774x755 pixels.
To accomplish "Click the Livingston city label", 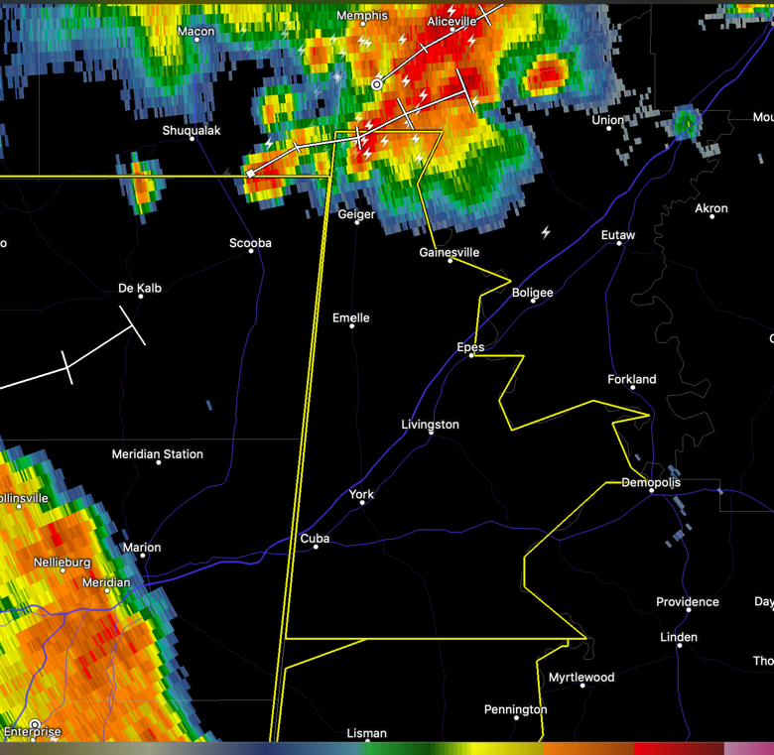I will pos(430,425).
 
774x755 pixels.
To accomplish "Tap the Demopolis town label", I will pos(651,483).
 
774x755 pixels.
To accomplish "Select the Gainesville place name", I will pos(450,253).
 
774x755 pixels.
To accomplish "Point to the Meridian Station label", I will pos(157,454).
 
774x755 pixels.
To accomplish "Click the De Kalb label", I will pos(140,289).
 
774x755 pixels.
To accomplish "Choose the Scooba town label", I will pos(250,243).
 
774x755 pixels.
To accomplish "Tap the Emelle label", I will pos(351,318).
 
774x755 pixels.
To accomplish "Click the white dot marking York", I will pos(362,503).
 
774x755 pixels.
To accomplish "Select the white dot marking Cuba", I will pos(316,547).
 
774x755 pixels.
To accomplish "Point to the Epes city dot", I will pos(471,355).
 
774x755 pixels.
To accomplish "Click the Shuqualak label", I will pos(192,131).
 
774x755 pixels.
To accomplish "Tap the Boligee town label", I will pos(532,293).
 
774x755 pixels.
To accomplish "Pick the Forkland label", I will pos(632,380).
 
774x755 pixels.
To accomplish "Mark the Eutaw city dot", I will pos(620,243).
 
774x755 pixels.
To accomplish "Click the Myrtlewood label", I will pos(581,678).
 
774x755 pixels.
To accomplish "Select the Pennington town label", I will pos(515,709).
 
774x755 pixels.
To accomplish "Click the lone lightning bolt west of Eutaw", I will pos(546,232).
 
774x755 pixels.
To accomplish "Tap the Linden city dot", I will pos(680,645).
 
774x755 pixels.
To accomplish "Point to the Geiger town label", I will pos(356,214).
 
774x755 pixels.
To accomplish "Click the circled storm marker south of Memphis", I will pos(377,85).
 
